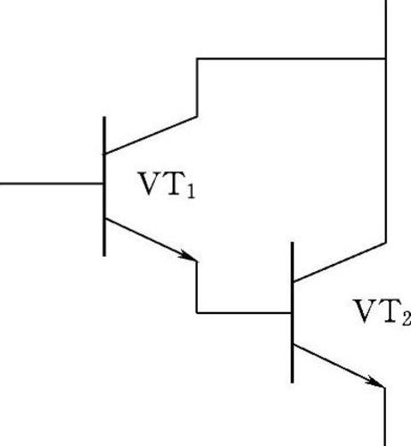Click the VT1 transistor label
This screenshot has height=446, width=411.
(x=168, y=185)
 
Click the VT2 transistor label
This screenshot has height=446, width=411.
(x=382, y=311)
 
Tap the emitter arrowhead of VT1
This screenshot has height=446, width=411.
(x=188, y=256)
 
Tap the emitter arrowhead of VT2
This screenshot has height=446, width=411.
(x=375, y=382)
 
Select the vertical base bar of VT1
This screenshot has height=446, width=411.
(x=104, y=186)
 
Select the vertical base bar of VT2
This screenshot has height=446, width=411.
(x=292, y=312)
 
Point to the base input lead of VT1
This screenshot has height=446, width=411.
(x=52, y=184)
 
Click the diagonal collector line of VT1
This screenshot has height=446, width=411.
(x=150, y=136)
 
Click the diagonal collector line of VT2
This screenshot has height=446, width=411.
(x=340, y=262)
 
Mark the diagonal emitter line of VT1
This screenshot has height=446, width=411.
(x=150, y=240)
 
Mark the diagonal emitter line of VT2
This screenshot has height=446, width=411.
(x=339, y=366)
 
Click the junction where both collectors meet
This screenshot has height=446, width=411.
(x=386, y=59)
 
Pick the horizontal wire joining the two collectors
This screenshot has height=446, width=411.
(x=292, y=59)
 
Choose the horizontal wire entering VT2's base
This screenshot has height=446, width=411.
(x=243, y=313)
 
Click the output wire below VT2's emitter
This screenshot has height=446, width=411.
(x=385, y=417)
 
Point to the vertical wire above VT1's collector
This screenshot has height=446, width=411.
(x=197, y=87)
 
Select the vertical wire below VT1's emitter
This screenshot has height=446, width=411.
(x=197, y=287)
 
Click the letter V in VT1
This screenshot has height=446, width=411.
(x=150, y=184)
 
